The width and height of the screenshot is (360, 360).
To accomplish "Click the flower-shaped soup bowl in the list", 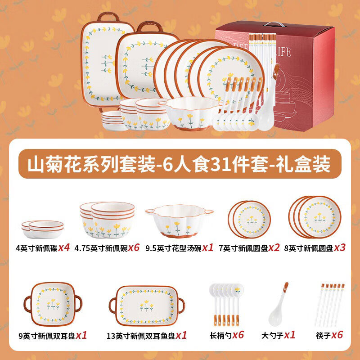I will pyautogui.click(x=179, y=221).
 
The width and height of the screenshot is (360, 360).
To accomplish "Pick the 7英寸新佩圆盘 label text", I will pyautogui.click(x=243, y=248).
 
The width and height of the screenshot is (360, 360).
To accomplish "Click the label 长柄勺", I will pyautogui.click(x=219, y=335).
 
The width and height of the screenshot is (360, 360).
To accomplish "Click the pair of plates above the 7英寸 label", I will pyautogui.click(x=249, y=219).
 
